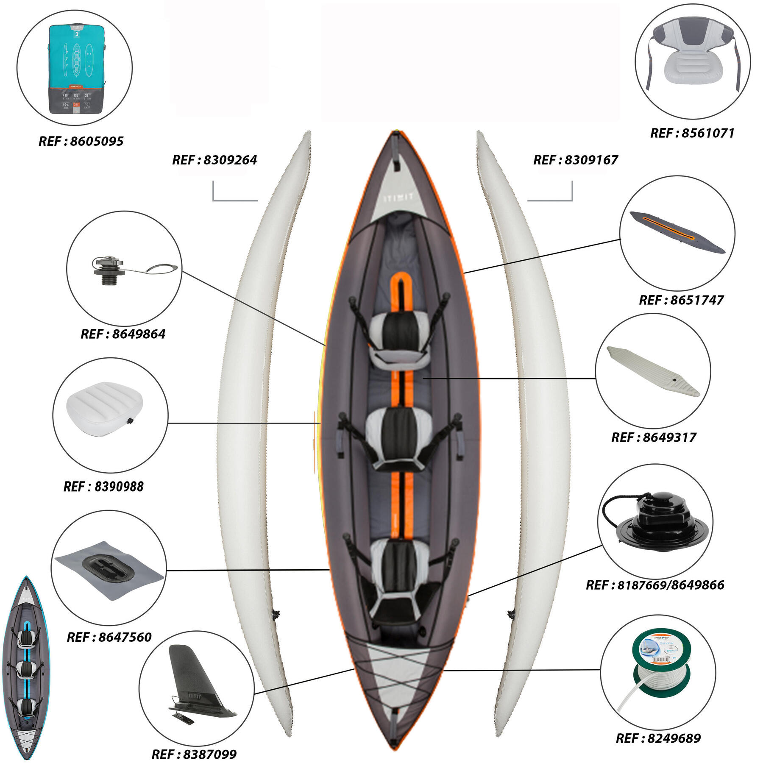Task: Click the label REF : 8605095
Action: tap(81, 141)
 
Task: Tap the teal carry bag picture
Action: tap(76, 69)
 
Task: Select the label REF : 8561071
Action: tap(692, 133)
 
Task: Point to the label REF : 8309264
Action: tap(214, 160)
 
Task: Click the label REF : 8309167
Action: tap(575, 160)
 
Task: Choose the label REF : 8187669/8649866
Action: tap(655, 585)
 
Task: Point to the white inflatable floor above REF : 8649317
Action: tap(653, 371)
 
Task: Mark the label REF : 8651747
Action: tap(681, 300)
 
